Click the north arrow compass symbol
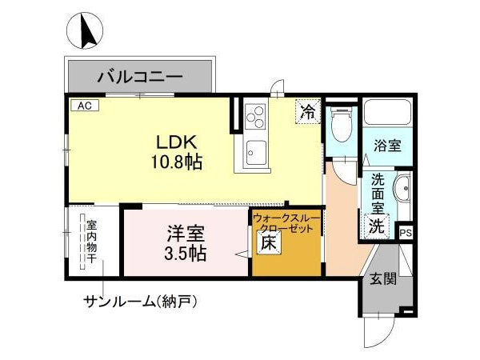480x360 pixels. (85, 30)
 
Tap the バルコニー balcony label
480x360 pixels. (140, 77)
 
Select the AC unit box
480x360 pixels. (85, 106)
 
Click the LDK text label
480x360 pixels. (176, 142)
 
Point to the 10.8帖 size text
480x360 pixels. (176, 162)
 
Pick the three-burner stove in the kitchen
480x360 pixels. (255, 116)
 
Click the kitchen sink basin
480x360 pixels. (256, 153)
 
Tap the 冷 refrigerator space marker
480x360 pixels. (308, 112)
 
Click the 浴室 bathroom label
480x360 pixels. (387, 145)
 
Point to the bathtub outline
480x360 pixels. (387, 112)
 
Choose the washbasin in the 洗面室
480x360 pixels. (402, 189)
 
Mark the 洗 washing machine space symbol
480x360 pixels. (377, 226)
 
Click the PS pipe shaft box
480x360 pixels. (406, 234)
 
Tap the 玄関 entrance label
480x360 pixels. (383, 279)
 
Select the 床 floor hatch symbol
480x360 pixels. (269, 242)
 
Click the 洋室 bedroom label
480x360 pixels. (186, 234)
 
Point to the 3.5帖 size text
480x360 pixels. (186, 254)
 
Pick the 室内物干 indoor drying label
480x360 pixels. (91, 242)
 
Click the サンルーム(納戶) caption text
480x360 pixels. (141, 302)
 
